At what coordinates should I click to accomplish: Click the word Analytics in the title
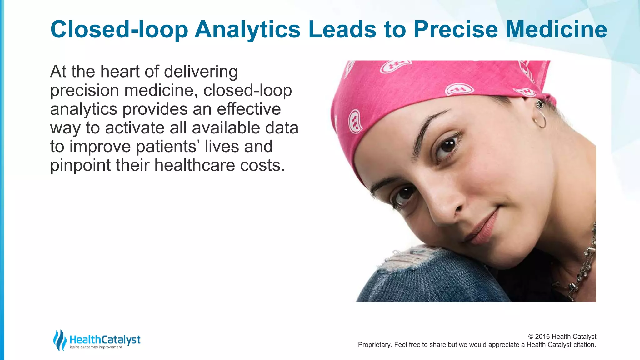(247, 30)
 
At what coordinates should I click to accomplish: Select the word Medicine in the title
(556, 29)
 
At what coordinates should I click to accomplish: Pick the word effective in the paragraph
(249, 109)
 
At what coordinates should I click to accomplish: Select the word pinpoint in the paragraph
(80, 166)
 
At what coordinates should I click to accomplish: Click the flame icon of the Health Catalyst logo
(59, 340)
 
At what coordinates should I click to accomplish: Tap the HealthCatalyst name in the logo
(105, 339)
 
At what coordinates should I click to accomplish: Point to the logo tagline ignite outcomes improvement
(96, 347)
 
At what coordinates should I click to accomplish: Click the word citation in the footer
(584, 345)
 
